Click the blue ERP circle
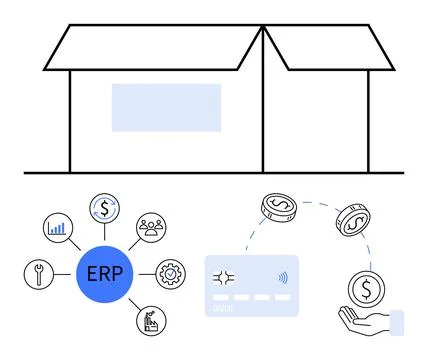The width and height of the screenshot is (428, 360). click(105, 272)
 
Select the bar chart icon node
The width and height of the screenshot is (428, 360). click(57, 228)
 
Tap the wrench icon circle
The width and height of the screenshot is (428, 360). click(38, 273)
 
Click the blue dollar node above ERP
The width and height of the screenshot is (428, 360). click(105, 208)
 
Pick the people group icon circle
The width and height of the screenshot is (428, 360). click(152, 228)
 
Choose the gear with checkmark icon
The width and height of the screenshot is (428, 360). click(171, 272)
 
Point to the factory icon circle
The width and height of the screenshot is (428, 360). click(151, 320)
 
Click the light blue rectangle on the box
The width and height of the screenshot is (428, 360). click(166, 108)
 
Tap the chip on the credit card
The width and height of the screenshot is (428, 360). click(224, 279)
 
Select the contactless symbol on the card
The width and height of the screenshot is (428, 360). click(282, 279)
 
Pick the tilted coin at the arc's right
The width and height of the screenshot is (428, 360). click(351, 221)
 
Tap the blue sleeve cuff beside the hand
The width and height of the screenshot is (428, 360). click(397, 323)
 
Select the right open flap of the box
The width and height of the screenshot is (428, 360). click(330, 47)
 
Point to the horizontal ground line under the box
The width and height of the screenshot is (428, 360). click(213, 173)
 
